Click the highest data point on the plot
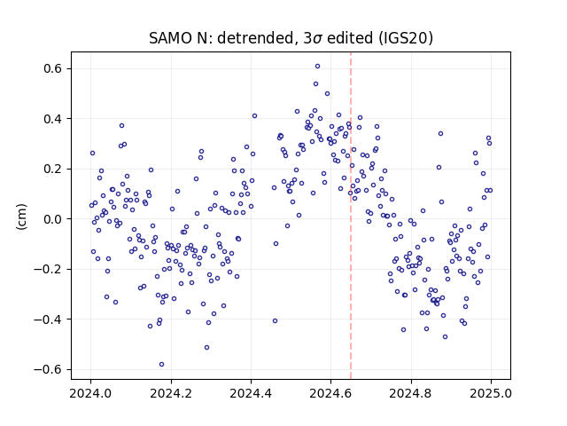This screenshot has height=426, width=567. [317, 67]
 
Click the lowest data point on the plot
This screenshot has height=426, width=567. [161, 365]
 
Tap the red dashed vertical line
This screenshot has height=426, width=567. [351, 216]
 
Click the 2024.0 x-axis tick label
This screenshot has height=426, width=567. [90, 393]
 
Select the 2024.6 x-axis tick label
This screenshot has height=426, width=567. [330, 393]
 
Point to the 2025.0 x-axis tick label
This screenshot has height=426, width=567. [491, 393]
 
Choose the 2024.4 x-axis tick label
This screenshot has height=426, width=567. [251, 393]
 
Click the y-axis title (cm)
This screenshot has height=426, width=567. [21, 217]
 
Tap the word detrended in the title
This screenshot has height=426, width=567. [255, 38]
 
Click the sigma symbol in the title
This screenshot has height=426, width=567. [317, 39]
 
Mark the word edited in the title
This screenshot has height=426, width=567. [349, 38]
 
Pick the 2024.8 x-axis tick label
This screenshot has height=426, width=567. [411, 393]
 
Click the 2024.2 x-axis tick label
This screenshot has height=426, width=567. [171, 393]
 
